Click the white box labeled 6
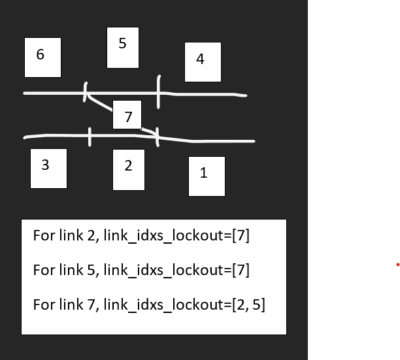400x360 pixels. pos(42,57)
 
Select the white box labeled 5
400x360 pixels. pos(123,48)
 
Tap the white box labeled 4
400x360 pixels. pos(203,61)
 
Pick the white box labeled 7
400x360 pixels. pos(129,115)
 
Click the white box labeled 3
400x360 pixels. pos(48,168)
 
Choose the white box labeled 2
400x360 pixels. pos(128,169)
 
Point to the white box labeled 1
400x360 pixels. pos(207,176)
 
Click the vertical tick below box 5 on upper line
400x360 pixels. pos(86,92)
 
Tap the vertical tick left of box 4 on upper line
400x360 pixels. pos(158,91)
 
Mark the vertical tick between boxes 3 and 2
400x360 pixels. pos(90,137)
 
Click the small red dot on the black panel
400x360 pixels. pos(397,265)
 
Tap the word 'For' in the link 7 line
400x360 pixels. pos(43,304)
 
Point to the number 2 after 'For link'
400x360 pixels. pos(90,235)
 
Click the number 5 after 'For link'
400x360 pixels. pos(90,270)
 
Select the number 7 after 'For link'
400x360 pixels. pos(90,304)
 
